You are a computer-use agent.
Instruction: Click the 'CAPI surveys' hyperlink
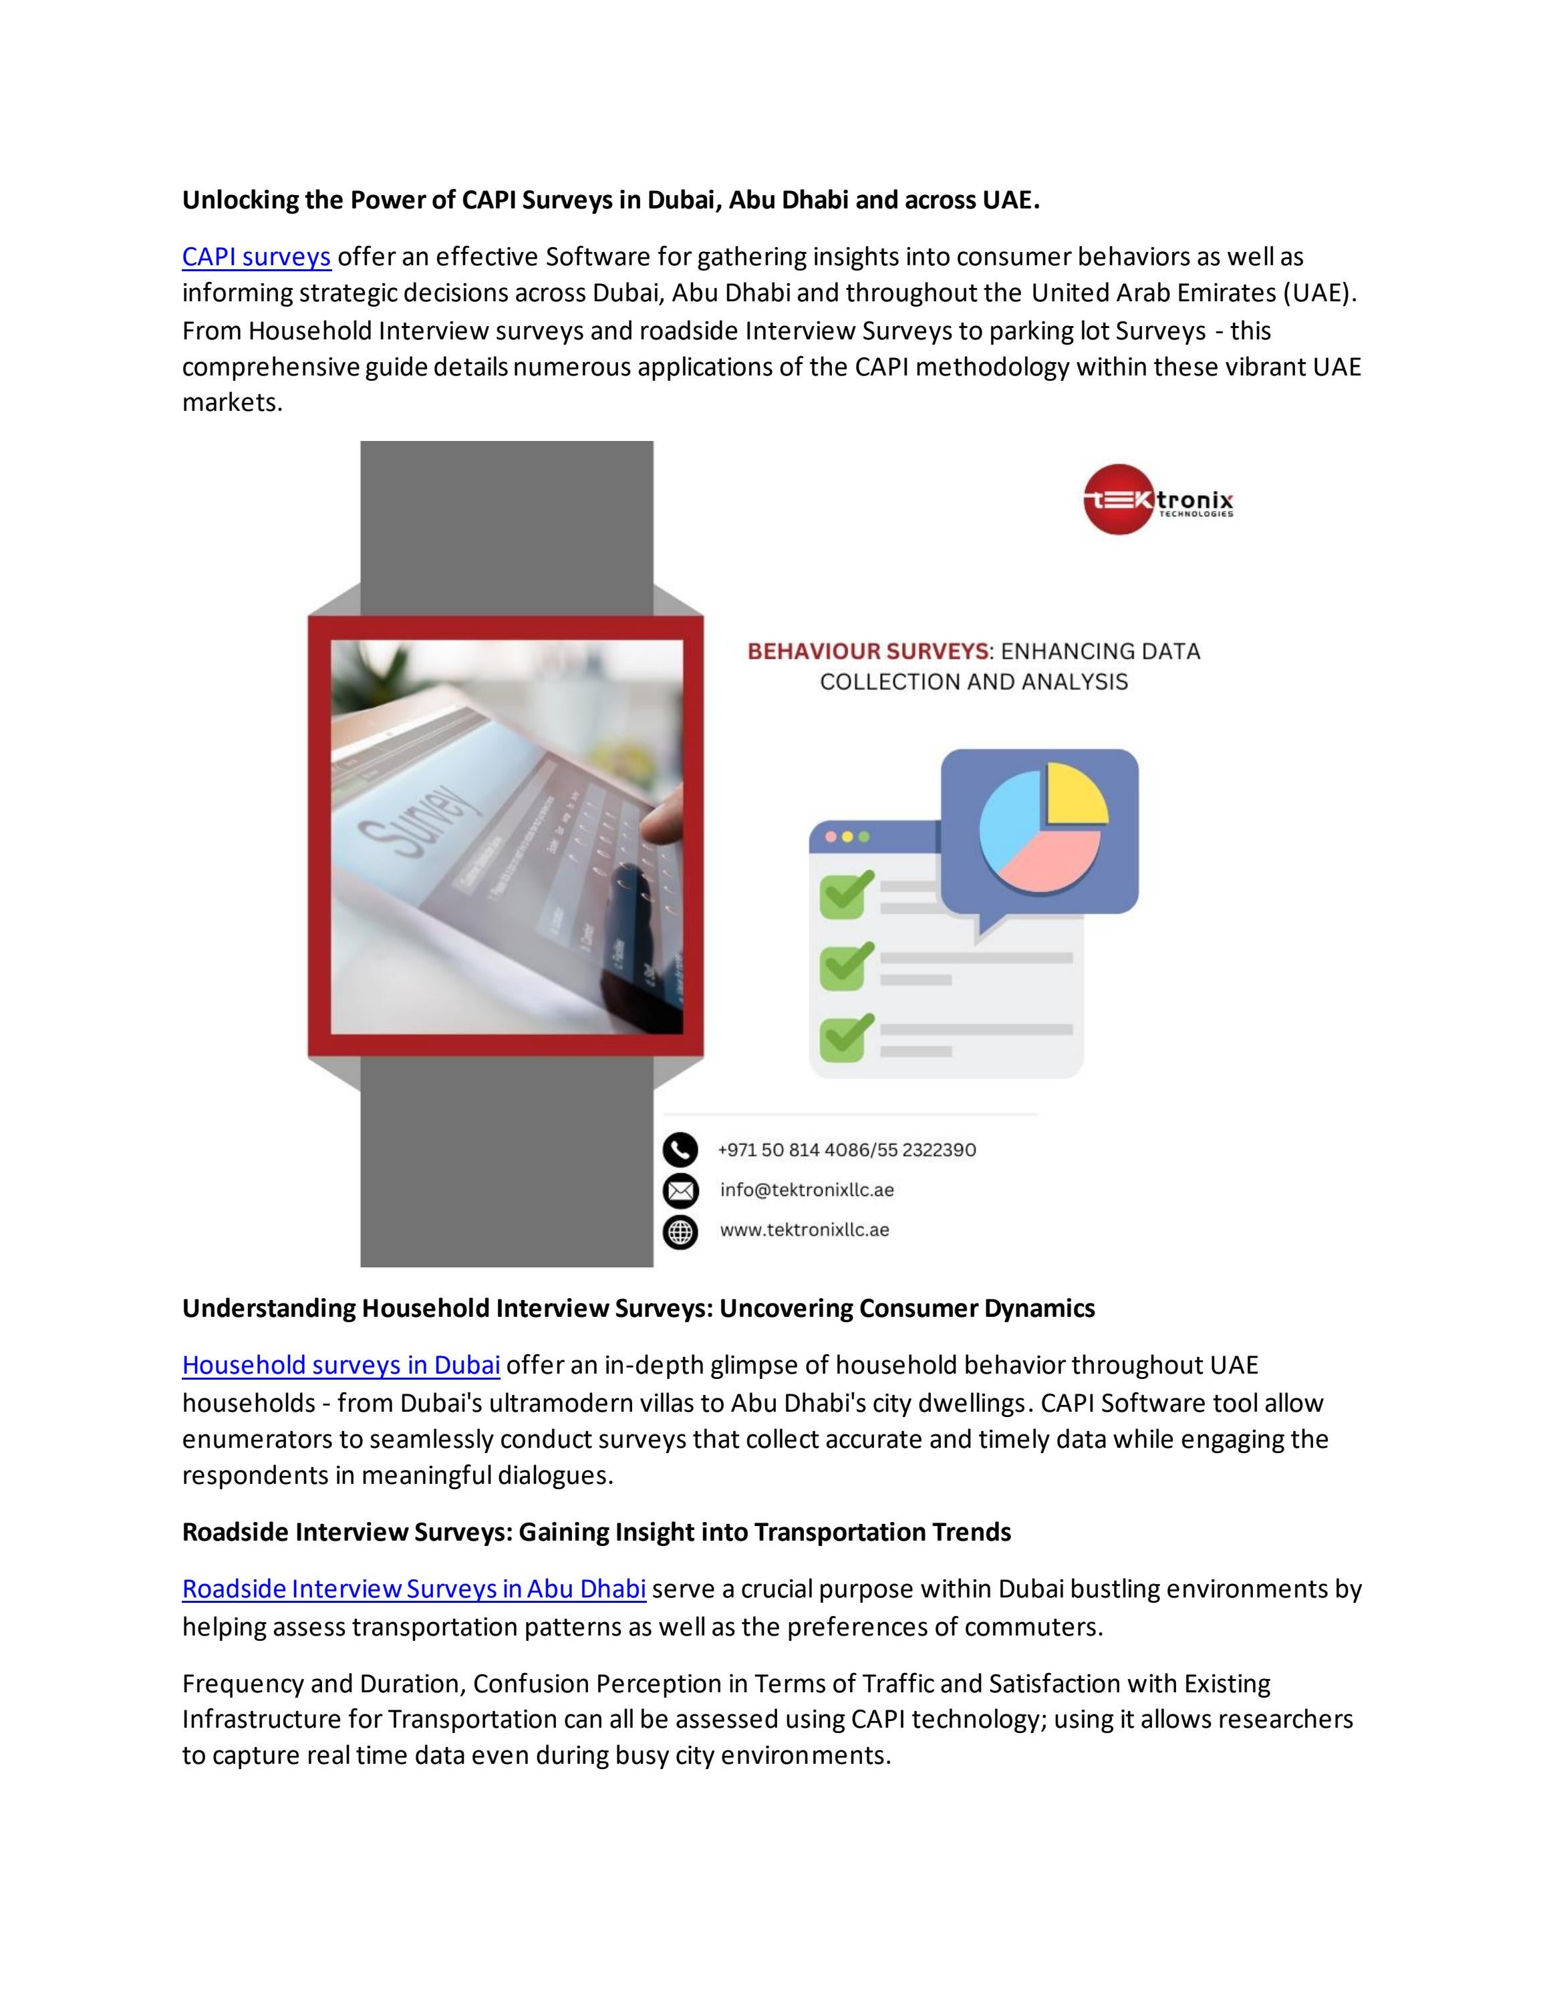point(257,257)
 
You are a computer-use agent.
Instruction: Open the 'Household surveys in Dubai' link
point(341,1365)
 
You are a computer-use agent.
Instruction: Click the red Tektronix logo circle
point(1119,499)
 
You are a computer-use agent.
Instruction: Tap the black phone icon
point(680,1150)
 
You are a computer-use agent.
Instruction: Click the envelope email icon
point(680,1190)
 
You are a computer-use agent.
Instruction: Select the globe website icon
point(680,1231)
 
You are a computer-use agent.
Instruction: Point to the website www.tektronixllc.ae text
point(805,1230)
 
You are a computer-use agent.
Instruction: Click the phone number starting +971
point(847,1150)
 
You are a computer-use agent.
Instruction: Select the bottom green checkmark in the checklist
point(846,1036)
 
